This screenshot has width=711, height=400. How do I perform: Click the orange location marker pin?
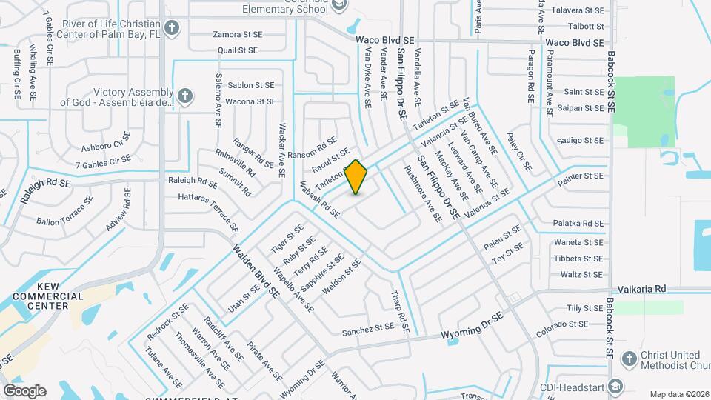[x=356, y=177]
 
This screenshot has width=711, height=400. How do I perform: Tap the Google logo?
[x=24, y=390]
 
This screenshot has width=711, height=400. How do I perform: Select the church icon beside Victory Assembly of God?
[x=184, y=96]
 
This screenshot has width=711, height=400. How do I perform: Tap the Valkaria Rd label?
[x=642, y=289]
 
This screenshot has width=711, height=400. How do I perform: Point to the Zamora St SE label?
[x=237, y=34]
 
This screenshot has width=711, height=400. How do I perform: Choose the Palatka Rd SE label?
[x=578, y=223]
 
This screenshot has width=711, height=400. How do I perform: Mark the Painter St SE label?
[x=584, y=176]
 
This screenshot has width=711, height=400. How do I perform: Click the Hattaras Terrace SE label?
[x=208, y=212]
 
